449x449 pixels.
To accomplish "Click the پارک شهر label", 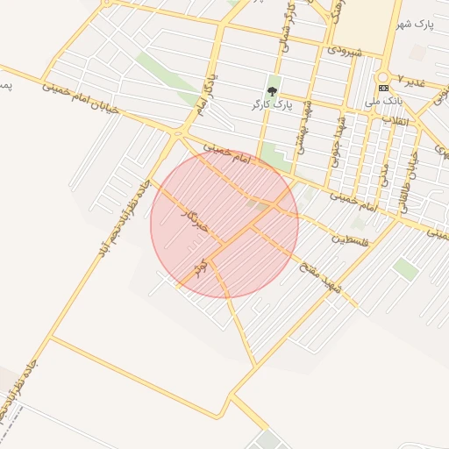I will tap(425, 25).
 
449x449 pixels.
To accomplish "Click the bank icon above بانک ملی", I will tap(382, 89).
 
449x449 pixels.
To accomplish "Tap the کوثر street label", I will tap(201, 266).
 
